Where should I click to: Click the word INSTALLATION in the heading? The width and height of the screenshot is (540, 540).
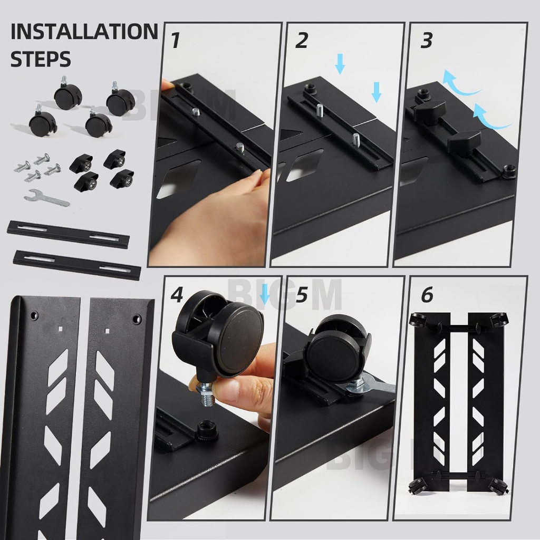click(84, 32)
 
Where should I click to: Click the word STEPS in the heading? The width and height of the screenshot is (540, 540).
click(41, 59)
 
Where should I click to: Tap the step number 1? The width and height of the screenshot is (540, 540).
click(176, 40)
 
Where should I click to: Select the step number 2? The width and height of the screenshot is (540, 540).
click(302, 40)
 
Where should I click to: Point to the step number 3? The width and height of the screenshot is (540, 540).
click(426, 40)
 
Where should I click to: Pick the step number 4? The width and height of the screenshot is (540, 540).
click(177, 295)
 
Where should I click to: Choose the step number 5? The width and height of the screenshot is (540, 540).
click(302, 295)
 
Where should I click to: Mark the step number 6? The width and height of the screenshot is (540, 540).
click(427, 295)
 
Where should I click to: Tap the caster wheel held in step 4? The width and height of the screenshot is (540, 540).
click(219, 334)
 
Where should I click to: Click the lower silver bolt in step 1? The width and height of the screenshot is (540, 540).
click(240, 148)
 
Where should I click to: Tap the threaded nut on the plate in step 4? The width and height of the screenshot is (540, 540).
click(204, 429)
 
